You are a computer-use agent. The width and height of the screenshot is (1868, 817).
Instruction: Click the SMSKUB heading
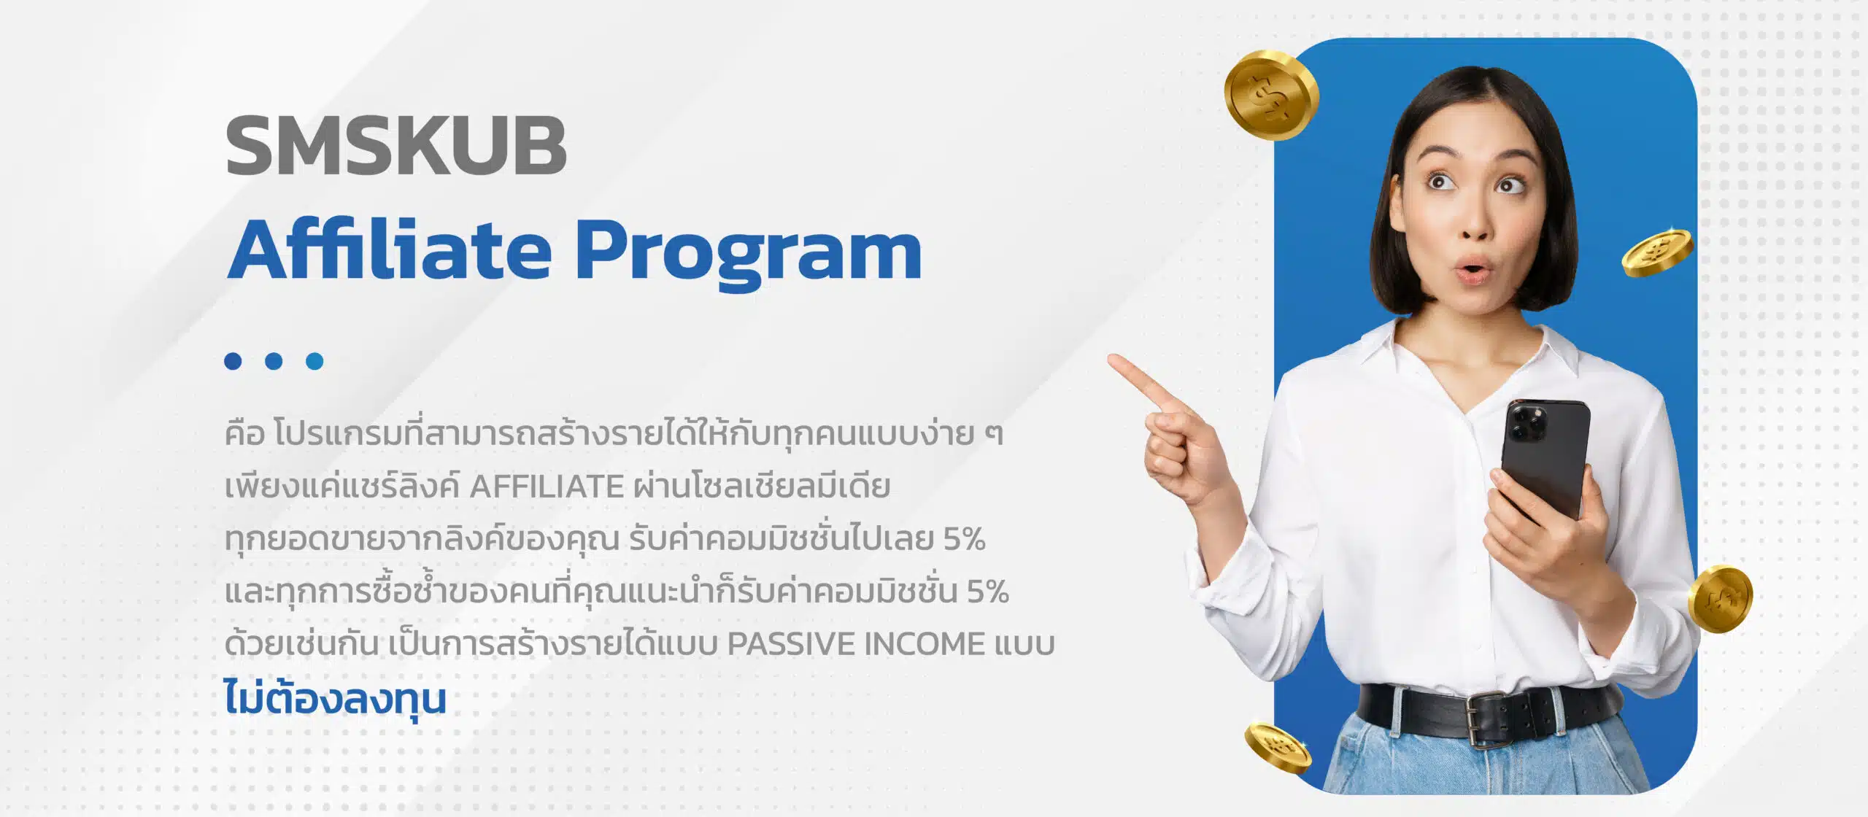(x=396, y=145)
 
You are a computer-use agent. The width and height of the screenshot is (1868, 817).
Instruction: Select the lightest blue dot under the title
(x=314, y=361)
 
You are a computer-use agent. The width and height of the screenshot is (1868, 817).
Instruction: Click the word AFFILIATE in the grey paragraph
(x=547, y=487)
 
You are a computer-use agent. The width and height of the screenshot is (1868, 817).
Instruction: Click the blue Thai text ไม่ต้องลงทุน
(x=335, y=699)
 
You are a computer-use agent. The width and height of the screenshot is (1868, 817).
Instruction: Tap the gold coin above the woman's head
(x=1271, y=96)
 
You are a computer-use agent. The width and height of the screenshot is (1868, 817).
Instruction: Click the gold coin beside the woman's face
(x=1658, y=252)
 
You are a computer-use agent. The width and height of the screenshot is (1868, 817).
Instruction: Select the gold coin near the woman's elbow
(x=1720, y=599)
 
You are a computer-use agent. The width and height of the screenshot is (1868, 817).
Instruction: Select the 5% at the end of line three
(x=964, y=539)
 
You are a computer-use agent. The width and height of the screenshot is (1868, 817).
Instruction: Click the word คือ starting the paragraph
(x=244, y=433)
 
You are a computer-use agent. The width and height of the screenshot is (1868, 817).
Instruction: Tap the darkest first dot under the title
(x=233, y=361)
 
